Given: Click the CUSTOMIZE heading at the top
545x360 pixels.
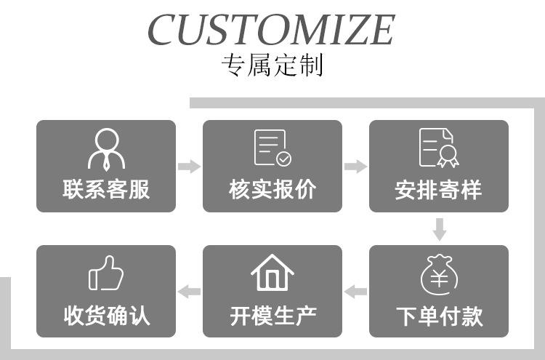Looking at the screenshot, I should pyautogui.click(x=271, y=28).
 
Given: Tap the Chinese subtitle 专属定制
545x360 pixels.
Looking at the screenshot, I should pyautogui.click(x=272, y=65).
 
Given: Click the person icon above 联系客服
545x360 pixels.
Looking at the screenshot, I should pyautogui.click(x=106, y=148).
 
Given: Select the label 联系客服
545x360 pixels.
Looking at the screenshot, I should pyautogui.click(x=106, y=189).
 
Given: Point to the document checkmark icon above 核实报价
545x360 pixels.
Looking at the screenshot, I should pyautogui.click(x=272, y=148).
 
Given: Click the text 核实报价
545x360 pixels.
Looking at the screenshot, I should pyautogui.click(x=272, y=189).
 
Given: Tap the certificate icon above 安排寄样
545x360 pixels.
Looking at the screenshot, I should pyautogui.click(x=438, y=148).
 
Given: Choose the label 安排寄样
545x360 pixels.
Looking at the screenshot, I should pyautogui.click(x=438, y=190).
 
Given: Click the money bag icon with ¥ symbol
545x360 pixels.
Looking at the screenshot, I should pyautogui.click(x=438, y=274).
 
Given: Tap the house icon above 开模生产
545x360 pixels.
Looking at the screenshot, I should pyautogui.click(x=272, y=273).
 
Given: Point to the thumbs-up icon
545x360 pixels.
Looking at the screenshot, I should pyautogui.click(x=106, y=273).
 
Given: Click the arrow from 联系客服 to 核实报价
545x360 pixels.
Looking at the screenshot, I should pyautogui.click(x=189, y=167).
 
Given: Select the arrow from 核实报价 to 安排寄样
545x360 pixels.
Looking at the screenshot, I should pyautogui.click(x=355, y=167).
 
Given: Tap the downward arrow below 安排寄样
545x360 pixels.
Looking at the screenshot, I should pyautogui.click(x=439, y=229).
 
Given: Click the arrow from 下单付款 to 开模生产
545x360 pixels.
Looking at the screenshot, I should pyautogui.click(x=355, y=292).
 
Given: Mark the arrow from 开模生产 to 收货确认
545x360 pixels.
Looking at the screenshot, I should pyautogui.click(x=189, y=292).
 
